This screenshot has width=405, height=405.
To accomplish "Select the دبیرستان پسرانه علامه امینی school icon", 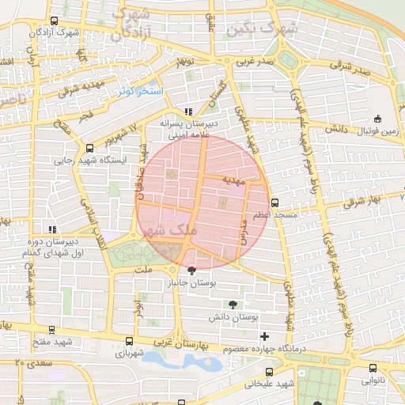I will click(x=187, y=112).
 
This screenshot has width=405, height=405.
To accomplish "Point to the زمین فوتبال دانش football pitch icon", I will click(x=377, y=115).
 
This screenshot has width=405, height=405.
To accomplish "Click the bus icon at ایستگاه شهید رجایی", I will click(x=88, y=148).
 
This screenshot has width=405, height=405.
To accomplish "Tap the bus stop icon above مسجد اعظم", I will click(x=274, y=202).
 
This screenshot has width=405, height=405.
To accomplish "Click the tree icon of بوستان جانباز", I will click(x=191, y=271).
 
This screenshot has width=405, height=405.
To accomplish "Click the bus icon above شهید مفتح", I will click(x=51, y=330).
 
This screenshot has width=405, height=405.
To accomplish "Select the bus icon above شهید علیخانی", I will click(x=270, y=371).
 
